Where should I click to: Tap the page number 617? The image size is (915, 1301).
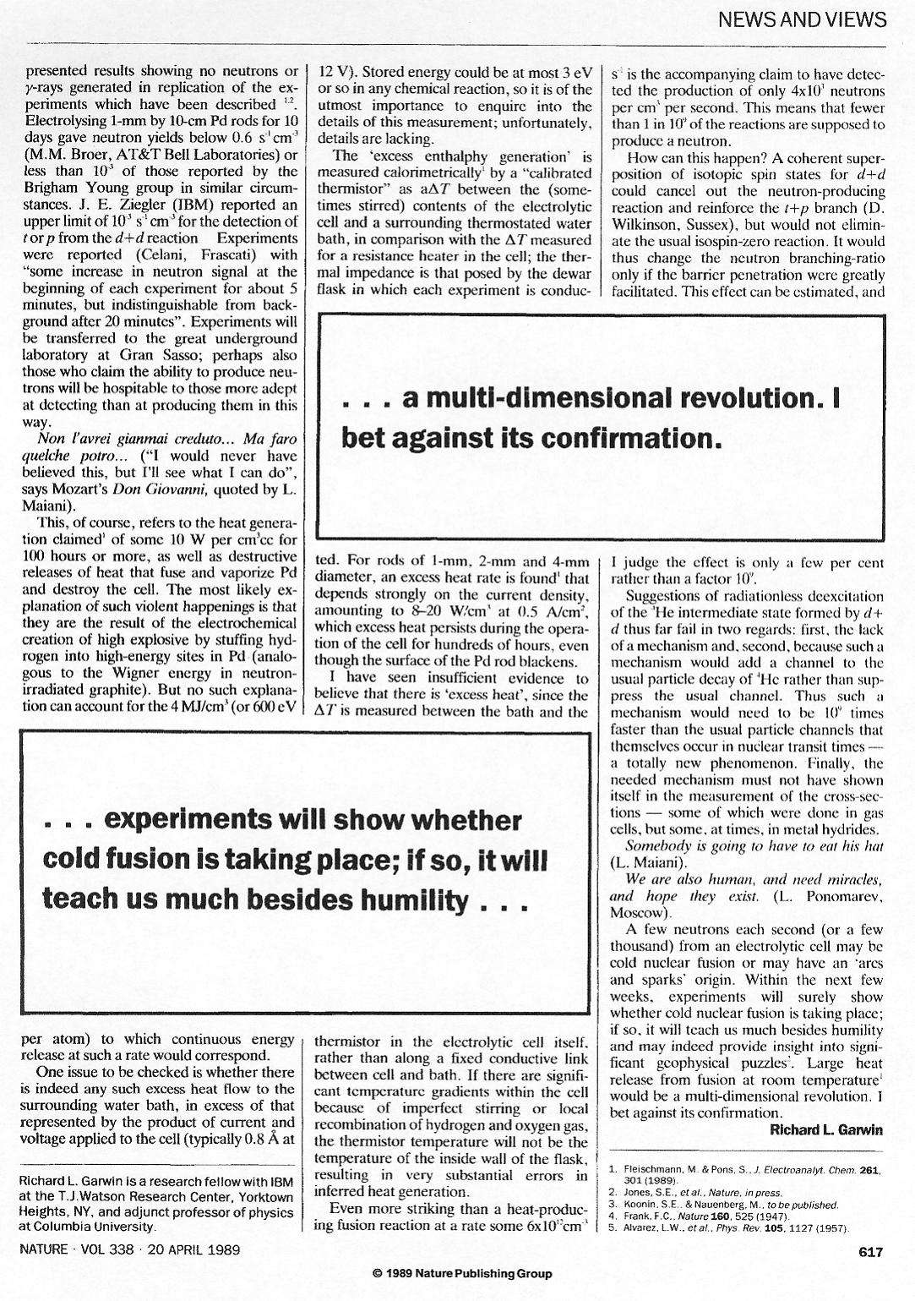coord(870,1251)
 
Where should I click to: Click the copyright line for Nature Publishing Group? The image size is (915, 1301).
coord(461,1273)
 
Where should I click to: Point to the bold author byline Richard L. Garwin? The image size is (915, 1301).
coord(826,1130)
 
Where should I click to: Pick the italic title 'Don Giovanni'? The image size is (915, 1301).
coord(173,489)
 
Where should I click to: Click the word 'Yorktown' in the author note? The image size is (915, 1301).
coord(268,1197)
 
